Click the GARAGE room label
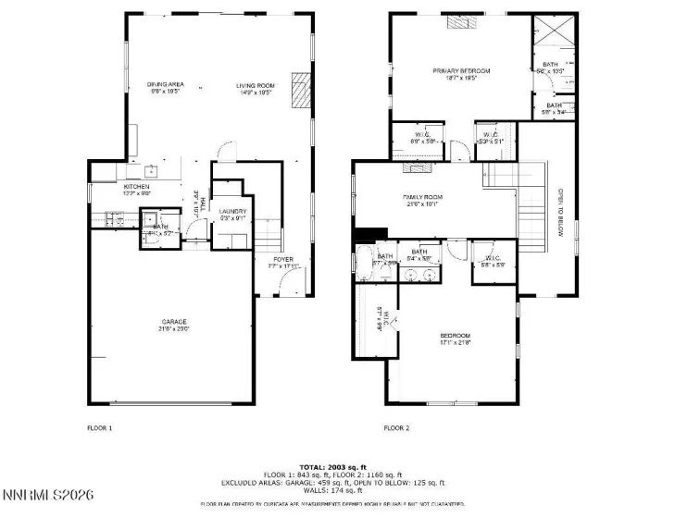(174, 321)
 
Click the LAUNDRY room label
(231, 212)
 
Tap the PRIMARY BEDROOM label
(460, 70)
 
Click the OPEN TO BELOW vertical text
(561, 214)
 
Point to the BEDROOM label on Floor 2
(455, 335)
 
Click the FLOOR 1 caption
(99, 428)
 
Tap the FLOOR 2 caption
(396, 428)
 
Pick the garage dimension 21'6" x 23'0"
(174, 328)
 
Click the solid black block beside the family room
(370, 234)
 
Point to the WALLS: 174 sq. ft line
(337, 490)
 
